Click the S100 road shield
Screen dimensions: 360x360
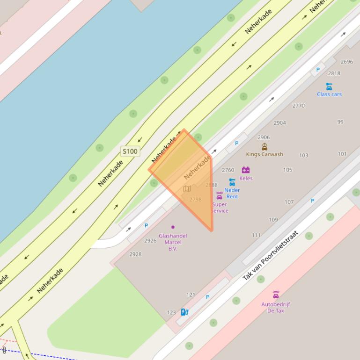(130, 151)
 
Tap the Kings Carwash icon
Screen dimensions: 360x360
(264, 147)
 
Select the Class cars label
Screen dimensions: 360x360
(329, 94)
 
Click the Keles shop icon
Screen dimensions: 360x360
(246, 170)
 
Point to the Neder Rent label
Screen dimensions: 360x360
(232, 193)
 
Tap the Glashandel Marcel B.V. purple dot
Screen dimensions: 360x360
(173, 227)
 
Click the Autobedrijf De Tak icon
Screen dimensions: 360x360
(276, 295)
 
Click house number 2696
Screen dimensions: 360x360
(347, 62)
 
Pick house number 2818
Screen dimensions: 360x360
(334, 73)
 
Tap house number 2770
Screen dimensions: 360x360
(299, 106)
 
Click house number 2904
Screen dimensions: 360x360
(280, 123)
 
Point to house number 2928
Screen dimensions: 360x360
(135, 254)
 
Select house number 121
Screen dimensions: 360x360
(191, 295)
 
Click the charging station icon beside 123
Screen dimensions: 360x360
(184, 312)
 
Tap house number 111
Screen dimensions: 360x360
(256, 235)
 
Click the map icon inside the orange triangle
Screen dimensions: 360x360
(187, 189)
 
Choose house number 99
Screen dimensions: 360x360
(340, 122)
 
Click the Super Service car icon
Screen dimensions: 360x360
(219, 195)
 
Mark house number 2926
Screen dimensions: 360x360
(150, 241)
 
